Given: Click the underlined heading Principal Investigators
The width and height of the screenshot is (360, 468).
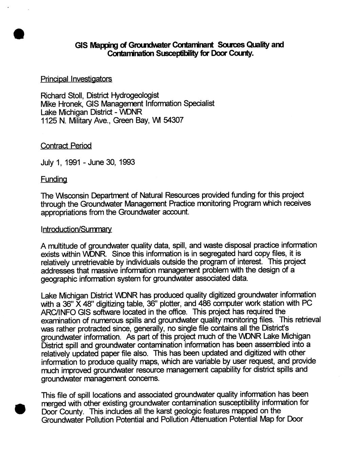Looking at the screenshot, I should [76, 79].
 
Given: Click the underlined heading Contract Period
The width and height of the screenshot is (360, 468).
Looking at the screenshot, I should [66, 146].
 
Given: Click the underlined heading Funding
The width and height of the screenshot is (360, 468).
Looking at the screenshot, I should [54, 178].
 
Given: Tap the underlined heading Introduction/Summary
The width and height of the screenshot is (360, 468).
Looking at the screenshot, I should [76, 229].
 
